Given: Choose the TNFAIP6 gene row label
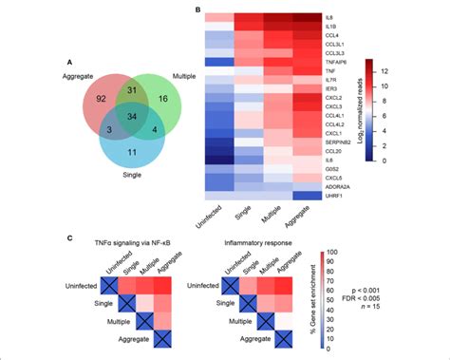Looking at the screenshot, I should point(341,59).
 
